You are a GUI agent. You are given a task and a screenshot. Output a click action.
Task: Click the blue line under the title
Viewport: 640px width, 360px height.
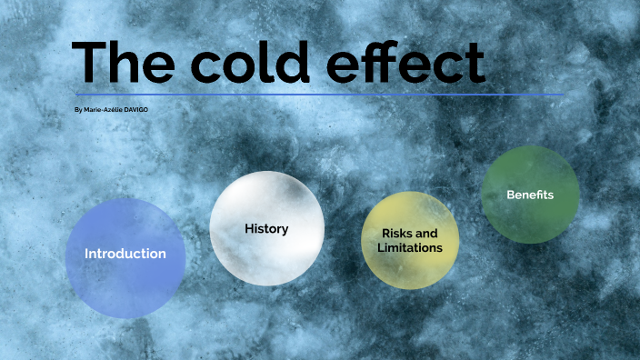tap(318, 95)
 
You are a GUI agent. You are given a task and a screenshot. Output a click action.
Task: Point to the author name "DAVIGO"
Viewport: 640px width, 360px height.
tap(135, 110)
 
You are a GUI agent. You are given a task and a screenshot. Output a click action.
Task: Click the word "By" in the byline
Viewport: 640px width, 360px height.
tap(78, 110)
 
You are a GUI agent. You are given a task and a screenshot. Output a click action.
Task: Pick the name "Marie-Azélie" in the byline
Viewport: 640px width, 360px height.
tap(102, 110)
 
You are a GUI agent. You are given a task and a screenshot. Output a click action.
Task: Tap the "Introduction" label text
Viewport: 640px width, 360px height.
tap(125, 254)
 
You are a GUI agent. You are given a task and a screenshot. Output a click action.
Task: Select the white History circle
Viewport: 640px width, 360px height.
tap(266, 255)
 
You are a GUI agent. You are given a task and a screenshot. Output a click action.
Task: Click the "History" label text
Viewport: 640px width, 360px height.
tap(266, 229)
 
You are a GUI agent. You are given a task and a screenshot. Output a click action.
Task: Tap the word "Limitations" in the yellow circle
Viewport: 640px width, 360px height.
tap(410, 247)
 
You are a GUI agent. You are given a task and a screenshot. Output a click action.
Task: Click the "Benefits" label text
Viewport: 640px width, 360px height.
tap(530, 195)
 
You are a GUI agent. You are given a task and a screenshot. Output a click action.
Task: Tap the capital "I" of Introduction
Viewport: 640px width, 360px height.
tap(87, 254)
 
